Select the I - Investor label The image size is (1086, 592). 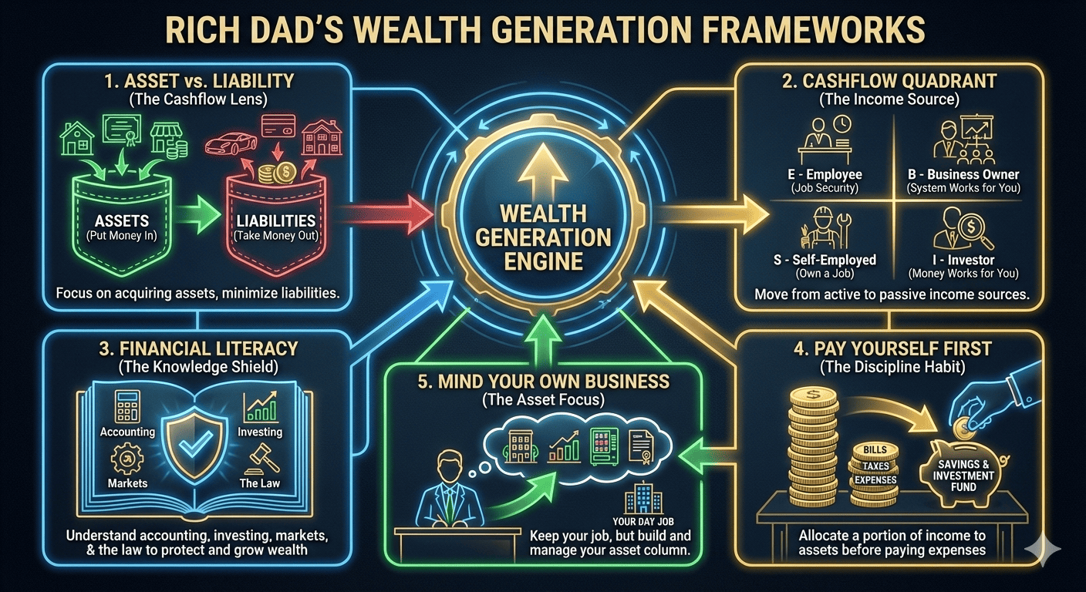(x=963, y=260)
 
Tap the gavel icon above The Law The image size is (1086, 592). (x=259, y=461)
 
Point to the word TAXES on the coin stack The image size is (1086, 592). (x=875, y=466)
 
